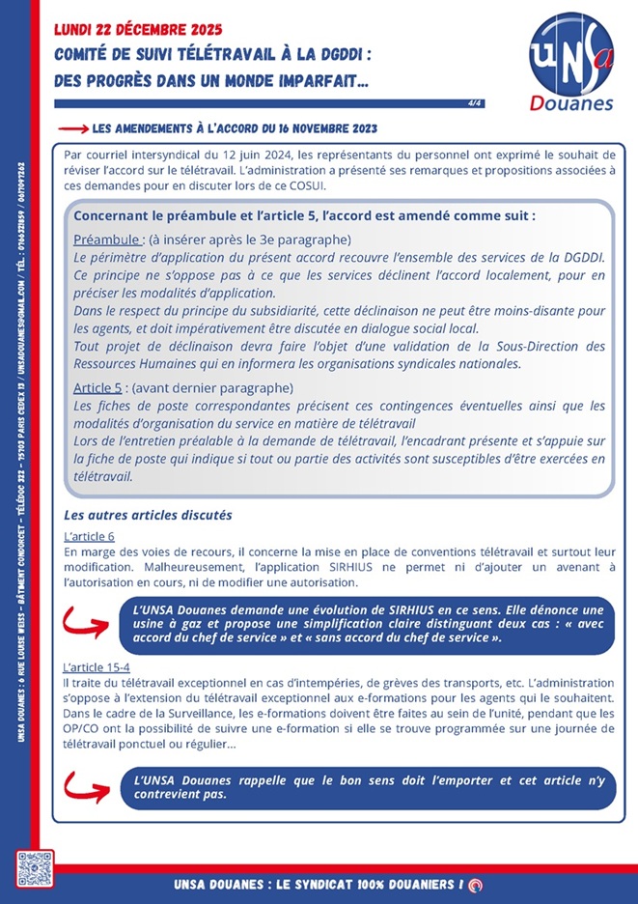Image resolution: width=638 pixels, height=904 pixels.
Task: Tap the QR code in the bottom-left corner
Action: pyautogui.click(x=35, y=869)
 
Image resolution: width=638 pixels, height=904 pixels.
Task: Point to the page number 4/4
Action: pyautogui.click(x=475, y=102)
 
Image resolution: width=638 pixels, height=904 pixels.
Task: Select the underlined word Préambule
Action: pyautogui.click(x=108, y=239)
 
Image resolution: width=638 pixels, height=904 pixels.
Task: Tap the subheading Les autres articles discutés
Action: pyautogui.click(x=147, y=516)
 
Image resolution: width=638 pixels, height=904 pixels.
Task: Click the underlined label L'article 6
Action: pyautogui.click(x=89, y=535)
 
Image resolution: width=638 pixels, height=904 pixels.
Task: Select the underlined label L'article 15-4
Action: pyautogui.click(x=96, y=667)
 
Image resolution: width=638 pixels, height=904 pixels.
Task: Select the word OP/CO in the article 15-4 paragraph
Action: pyautogui.click(x=77, y=728)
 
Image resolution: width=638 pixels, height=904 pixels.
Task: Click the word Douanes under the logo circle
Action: pyautogui.click(x=572, y=102)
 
